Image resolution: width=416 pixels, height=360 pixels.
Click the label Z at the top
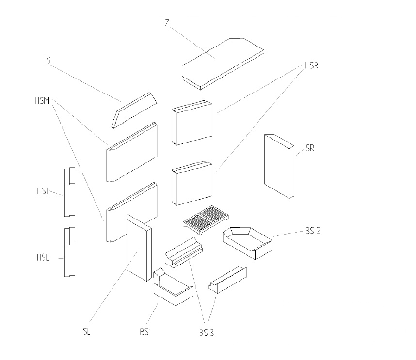coord(167,23)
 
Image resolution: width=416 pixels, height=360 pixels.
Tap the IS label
coord(48,61)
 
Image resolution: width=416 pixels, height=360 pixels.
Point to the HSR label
coord(311,65)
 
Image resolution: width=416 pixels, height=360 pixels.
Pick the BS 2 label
coord(313,230)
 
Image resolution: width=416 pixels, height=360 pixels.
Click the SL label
coord(87,332)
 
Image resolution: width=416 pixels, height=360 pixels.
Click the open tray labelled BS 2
coord(247,241)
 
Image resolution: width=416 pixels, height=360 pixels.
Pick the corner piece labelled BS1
coord(172,289)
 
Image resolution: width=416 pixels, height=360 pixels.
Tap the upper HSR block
coord(192,123)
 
